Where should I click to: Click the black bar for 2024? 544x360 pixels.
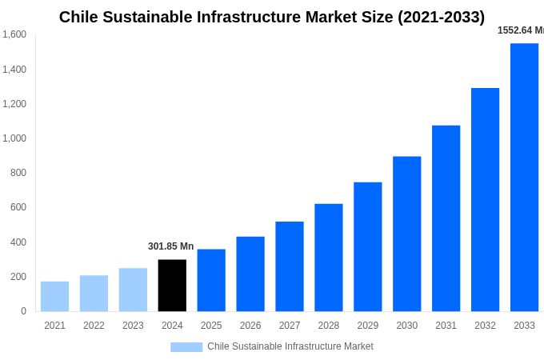pyautogui.click(x=172, y=286)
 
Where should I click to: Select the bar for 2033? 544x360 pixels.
pyautogui.click(x=524, y=178)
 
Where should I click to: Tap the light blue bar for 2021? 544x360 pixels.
pyautogui.click(x=54, y=297)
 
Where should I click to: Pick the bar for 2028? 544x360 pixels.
pyautogui.click(x=328, y=258)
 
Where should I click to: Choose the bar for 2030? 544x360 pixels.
pyautogui.click(x=406, y=234)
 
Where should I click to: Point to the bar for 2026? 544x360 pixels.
pyautogui.click(x=250, y=274)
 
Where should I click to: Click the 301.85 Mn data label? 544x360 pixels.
pyautogui.click(x=170, y=246)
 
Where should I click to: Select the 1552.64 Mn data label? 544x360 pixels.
pyautogui.click(x=520, y=30)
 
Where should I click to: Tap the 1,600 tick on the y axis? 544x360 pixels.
pyautogui.click(x=14, y=34)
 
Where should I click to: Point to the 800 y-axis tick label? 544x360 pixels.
pyautogui.click(x=18, y=173)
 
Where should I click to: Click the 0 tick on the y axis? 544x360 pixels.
pyautogui.click(x=23, y=311)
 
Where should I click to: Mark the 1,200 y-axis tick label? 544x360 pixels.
pyautogui.click(x=14, y=104)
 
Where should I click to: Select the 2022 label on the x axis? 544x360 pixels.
pyautogui.click(x=94, y=326)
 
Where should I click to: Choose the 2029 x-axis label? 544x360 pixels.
pyautogui.click(x=367, y=326)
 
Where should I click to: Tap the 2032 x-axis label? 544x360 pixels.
pyautogui.click(x=485, y=326)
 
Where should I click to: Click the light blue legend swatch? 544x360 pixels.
pyautogui.click(x=186, y=347)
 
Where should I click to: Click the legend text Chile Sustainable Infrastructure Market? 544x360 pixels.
pyautogui.click(x=290, y=346)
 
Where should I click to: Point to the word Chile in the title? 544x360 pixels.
pyautogui.click(x=79, y=17)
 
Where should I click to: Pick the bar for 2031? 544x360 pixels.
pyautogui.click(x=446, y=218)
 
